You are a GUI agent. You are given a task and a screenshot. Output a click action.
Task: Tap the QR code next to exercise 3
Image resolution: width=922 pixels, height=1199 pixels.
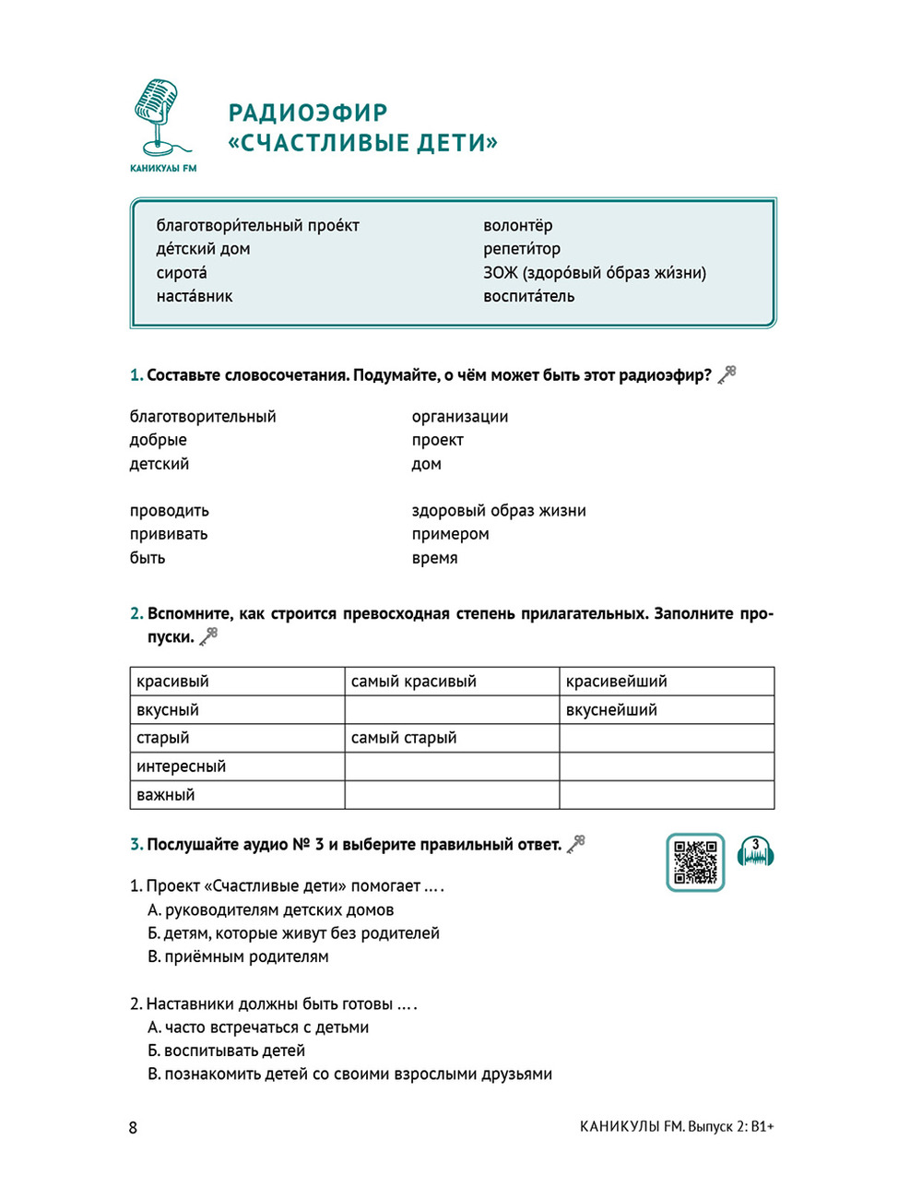(x=695, y=862)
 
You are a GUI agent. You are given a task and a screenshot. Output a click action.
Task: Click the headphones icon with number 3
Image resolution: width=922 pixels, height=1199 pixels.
(x=756, y=853)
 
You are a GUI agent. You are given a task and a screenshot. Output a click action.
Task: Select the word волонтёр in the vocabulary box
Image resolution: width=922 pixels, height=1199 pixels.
(x=518, y=226)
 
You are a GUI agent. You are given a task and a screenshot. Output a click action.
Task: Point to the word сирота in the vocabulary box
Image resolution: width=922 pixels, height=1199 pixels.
(x=182, y=273)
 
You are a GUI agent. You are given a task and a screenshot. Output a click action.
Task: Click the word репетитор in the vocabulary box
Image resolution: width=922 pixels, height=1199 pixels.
(x=522, y=249)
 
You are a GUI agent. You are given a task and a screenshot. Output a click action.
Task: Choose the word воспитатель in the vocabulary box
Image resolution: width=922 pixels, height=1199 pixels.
(x=529, y=296)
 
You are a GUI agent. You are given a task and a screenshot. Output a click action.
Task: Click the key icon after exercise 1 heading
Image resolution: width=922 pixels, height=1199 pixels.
(x=727, y=374)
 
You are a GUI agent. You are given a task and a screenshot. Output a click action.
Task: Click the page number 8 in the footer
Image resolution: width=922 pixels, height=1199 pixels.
(x=133, y=1127)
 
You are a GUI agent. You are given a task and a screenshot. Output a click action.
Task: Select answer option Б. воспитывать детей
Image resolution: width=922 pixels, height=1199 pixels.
(x=226, y=1051)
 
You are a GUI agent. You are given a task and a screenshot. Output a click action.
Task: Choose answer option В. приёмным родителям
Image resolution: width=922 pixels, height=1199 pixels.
(x=238, y=956)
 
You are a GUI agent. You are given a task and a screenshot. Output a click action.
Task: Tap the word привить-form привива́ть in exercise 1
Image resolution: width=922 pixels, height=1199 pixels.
(x=169, y=534)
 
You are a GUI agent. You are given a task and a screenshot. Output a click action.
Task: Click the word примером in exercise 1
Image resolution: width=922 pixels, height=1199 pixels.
(x=451, y=534)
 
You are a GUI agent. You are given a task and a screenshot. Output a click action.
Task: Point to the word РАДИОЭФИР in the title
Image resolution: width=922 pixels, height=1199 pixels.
(x=308, y=113)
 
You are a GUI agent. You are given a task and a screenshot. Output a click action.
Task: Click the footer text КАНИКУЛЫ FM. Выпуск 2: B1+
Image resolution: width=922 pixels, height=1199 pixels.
(x=677, y=1126)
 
